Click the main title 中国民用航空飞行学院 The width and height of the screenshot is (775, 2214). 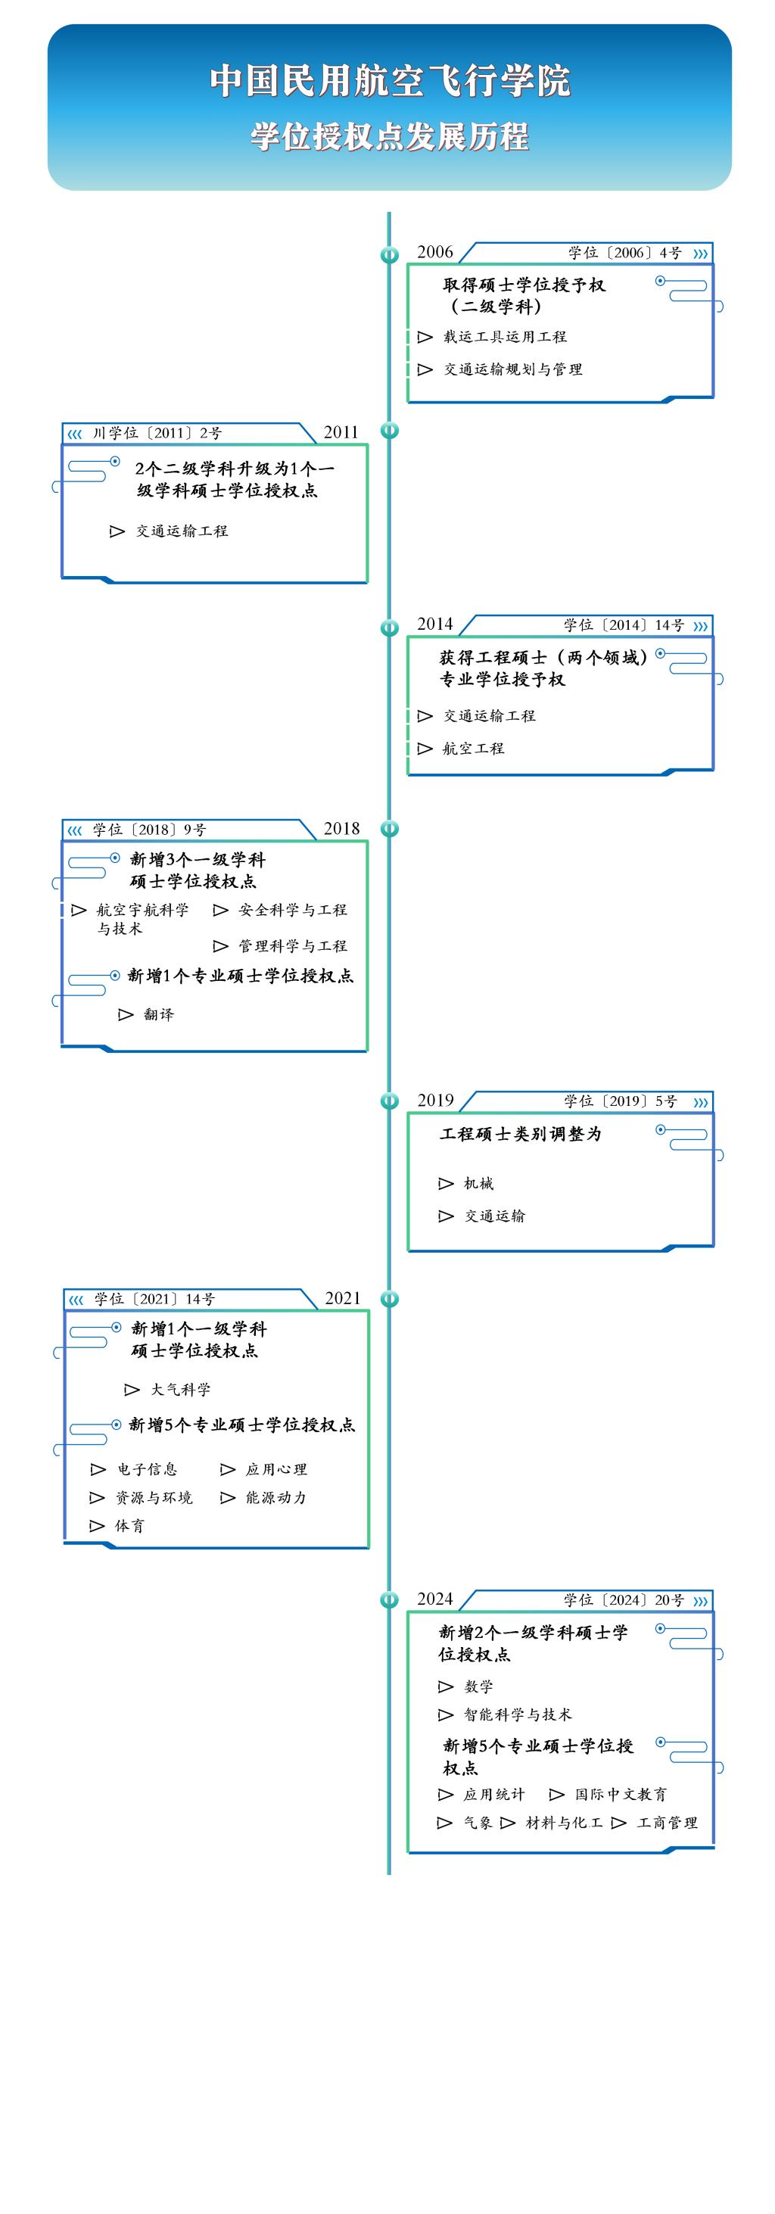click(x=389, y=81)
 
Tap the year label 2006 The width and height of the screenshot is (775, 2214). click(x=434, y=252)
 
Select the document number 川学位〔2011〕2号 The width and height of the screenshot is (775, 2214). click(x=157, y=433)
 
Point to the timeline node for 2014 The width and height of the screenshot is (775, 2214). click(x=389, y=627)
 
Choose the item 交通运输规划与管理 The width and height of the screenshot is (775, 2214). click(x=513, y=369)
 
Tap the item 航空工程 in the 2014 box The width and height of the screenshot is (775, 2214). click(x=474, y=749)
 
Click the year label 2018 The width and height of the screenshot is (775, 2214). click(x=342, y=829)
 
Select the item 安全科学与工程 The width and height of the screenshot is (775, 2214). click(x=293, y=910)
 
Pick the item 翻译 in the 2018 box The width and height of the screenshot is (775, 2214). click(x=159, y=1015)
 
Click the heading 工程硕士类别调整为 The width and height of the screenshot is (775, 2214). click(x=521, y=1135)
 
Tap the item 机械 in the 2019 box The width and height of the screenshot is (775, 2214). click(x=478, y=1185)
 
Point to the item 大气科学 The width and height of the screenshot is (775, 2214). click(x=180, y=1390)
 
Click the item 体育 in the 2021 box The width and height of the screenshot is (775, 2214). click(x=129, y=1527)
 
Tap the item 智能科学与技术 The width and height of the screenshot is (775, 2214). click(x=517, y=1714)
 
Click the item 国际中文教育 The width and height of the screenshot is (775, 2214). click(x=621, y=1795)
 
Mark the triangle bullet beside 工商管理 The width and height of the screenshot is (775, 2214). click(x=618, y=1823)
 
